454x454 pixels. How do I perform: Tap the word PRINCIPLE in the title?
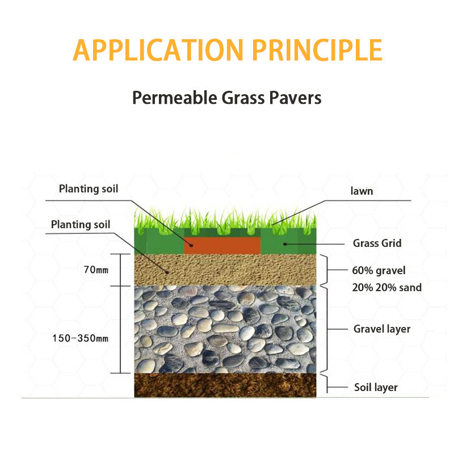point(317,50)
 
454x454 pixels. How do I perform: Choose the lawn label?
point(361,191)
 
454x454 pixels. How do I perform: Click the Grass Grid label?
point(377,243)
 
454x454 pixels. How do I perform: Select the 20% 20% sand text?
point(386,288)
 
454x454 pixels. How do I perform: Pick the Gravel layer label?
point(381,329)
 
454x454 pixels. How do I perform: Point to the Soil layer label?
point(376,388)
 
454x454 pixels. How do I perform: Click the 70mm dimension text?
point(95,270)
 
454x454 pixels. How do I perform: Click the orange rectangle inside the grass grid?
point(222,245)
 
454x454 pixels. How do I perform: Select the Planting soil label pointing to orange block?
point(89,189)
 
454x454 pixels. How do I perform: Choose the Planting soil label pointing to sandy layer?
point(81,224)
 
